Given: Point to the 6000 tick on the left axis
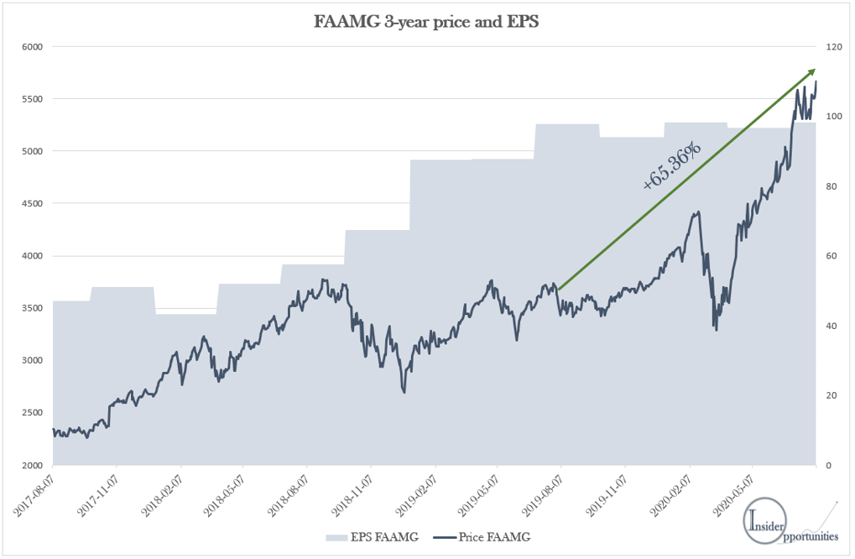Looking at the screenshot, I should [x=30, y=47].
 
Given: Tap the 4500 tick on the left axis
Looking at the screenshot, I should [x=30, y=204].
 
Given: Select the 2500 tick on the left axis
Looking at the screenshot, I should [x=30, y=413].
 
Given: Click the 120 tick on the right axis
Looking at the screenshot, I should [x=832, y=47].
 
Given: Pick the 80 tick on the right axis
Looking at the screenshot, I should [x=830, y=186].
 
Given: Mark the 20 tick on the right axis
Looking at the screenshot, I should [x=830, y=395].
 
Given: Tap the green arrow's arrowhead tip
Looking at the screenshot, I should [x=815, y=70].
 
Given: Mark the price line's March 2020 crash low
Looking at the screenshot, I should [x=717, y=330].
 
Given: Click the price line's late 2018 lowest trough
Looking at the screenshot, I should [x=404, y=392].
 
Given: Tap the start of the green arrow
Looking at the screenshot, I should [x=558, y=290].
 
